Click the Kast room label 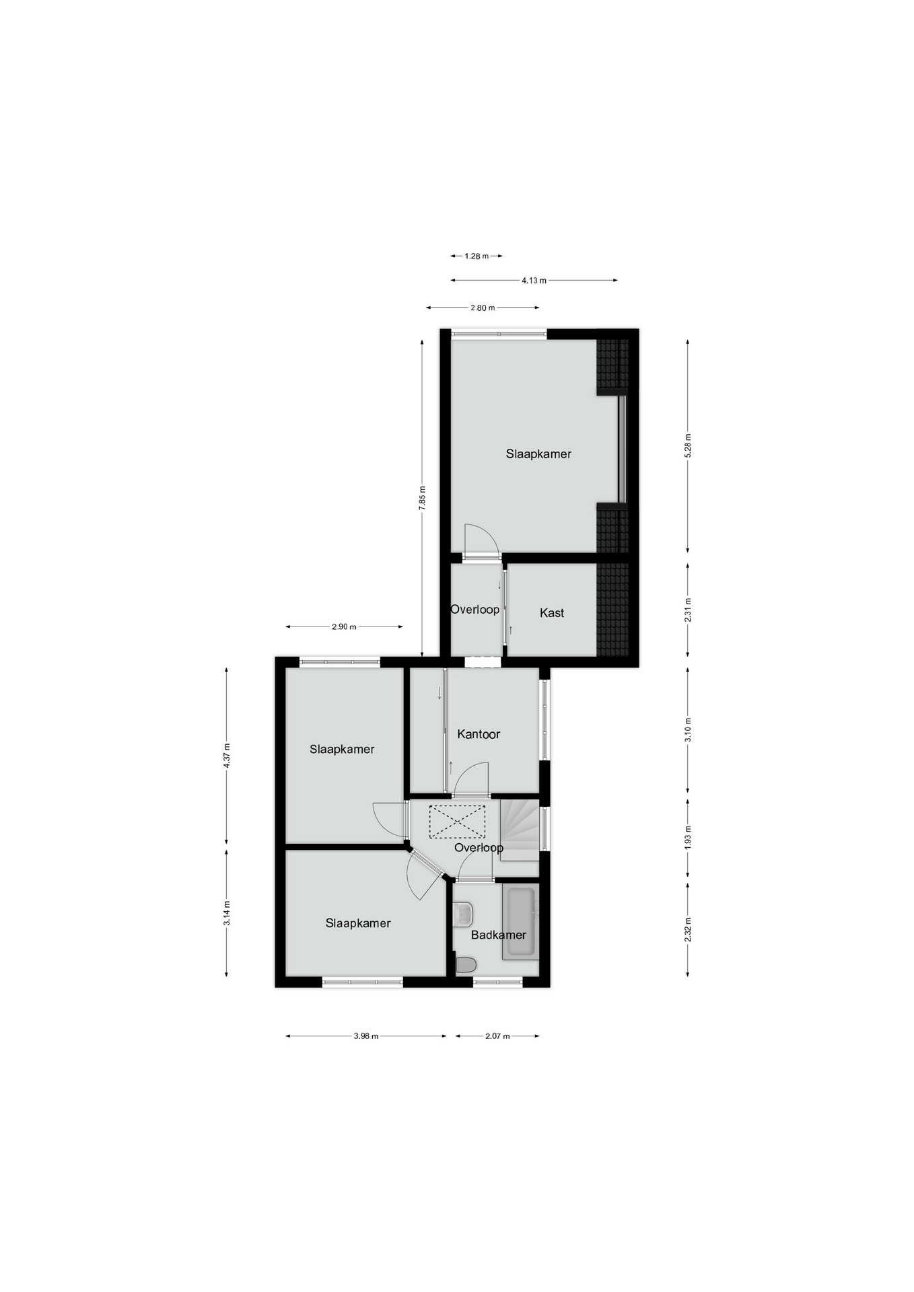(552, 613)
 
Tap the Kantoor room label (479, 734)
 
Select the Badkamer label (499, 935)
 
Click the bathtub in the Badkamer (520, 922)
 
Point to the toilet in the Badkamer (466, 966)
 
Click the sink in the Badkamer (464, 914)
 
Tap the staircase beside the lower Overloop (520, 830)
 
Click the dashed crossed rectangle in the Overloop (457, 822)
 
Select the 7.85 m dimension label (422, 498)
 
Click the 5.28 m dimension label (688, 446)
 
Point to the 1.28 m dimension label (477, 256)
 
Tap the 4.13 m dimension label (534, 281)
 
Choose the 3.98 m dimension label (366, 1036)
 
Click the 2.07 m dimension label (497, 1036)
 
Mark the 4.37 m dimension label (227, 756)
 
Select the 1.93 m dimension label (688, 838)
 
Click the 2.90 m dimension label (344, 627)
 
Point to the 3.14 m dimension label (227, 913)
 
